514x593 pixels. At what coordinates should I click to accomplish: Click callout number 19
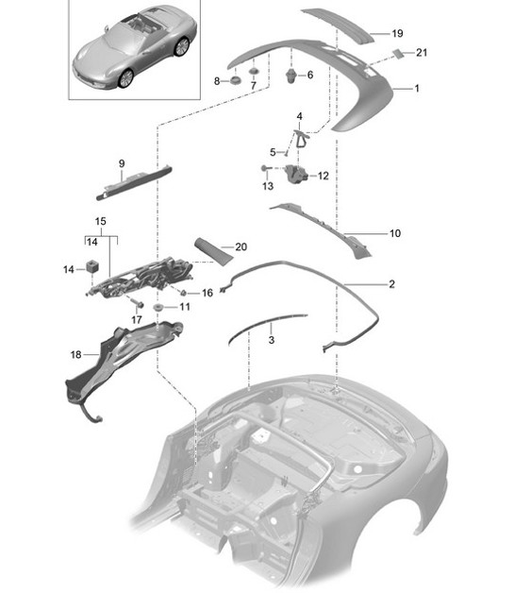398,32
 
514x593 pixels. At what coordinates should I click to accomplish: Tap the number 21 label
421,53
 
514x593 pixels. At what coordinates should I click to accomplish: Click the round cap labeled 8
236,82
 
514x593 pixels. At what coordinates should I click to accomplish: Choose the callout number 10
394,231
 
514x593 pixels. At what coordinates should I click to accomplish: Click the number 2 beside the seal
391,283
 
